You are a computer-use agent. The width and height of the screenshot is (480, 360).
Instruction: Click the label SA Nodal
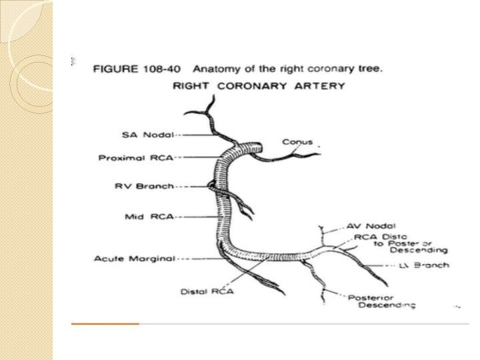[147, 135]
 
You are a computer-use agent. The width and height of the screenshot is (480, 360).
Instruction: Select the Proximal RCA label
[136, 158]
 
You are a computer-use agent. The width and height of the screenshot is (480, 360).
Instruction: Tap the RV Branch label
[144, 186]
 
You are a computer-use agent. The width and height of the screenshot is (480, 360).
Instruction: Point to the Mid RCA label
[149, 216]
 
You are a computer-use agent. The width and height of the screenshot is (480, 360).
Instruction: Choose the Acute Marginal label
[139, 258]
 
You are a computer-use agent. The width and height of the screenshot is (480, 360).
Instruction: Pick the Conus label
[297, 142]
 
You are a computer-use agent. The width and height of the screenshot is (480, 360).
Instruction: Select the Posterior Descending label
[381, 301]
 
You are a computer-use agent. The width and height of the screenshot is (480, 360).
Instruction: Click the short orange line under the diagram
[105, 323]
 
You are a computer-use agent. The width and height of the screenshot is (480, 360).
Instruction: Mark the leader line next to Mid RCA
[193, 216]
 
